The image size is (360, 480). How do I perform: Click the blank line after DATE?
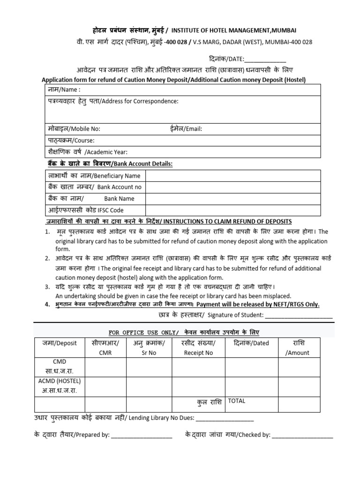point(265,60)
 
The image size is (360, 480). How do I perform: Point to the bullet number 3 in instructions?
point(47,287)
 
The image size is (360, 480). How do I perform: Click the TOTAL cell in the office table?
point(237,402)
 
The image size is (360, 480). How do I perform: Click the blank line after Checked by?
point(302,435)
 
